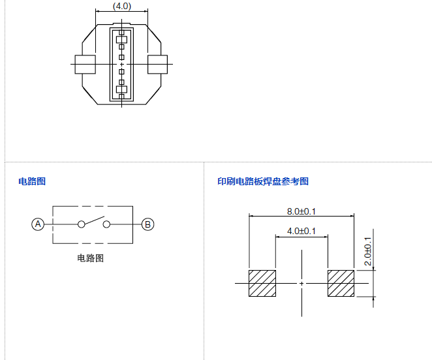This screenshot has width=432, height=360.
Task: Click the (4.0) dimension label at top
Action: pos(122,6)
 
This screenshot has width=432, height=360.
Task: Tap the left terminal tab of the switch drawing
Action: pos(85,65)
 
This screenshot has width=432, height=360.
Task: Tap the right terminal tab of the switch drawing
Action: pos(158,65)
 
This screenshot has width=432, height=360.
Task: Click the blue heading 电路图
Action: pos(32,181)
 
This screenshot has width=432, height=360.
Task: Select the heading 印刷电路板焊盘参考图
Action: pos(263,181)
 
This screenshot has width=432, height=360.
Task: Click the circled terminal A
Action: pos(38,224)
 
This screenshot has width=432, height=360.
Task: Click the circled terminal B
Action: pos(148,224)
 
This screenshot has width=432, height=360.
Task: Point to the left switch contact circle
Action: pos(81,224)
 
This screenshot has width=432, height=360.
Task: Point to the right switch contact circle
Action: pos(106,224)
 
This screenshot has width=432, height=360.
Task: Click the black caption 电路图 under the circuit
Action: pos(90,258)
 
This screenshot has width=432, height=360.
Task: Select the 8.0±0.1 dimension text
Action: pos(301,211)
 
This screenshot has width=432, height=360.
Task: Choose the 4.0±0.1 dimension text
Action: pos(301,232)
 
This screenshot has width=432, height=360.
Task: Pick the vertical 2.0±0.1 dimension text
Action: pos(367,251)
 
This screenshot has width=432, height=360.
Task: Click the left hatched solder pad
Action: pos(262,283)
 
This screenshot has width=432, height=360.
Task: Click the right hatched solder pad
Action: pos(341,283)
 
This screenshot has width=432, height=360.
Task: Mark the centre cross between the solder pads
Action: pos(301,283)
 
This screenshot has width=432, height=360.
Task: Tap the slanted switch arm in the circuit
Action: pos(93,220)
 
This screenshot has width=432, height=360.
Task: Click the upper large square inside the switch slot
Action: pos(121,40)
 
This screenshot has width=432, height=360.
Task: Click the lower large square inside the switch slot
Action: pos(121,89)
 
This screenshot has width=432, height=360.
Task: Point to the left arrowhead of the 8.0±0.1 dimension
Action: pos(251,216)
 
